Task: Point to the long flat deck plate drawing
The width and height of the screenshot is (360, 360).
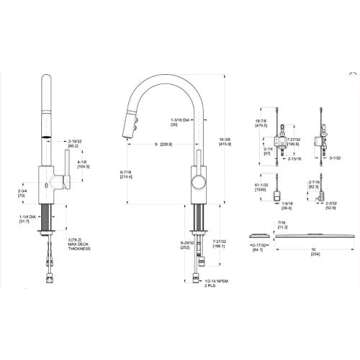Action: (300, 262)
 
